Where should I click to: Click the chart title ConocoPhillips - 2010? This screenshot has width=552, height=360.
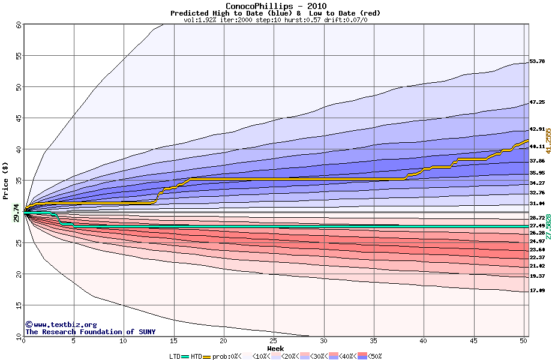(x=276, y=6)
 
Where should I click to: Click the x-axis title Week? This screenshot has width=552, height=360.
(x=275, y=348)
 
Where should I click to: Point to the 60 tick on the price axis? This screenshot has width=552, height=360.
(x=18, y=25)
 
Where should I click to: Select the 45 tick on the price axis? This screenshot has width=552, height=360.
(x=18, y=118)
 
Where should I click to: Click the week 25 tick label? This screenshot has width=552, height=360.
(x=274, y=341)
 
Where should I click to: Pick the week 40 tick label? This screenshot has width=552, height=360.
(x=424, y=341)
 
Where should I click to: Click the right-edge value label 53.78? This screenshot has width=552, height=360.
(x=537, y=61)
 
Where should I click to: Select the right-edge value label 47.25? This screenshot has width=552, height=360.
(x=537, y=102)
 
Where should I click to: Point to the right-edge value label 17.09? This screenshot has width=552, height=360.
(x=537, y=290)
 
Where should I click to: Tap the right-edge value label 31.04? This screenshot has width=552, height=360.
(x=537, y=203)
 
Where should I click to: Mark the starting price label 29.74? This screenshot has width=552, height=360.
(x=16, y=212)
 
